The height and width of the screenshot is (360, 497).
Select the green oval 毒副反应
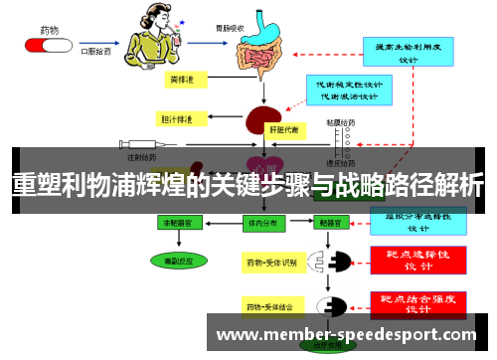click(x=174, y=260)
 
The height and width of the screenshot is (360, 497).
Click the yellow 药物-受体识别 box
click(x=271, y=263)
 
